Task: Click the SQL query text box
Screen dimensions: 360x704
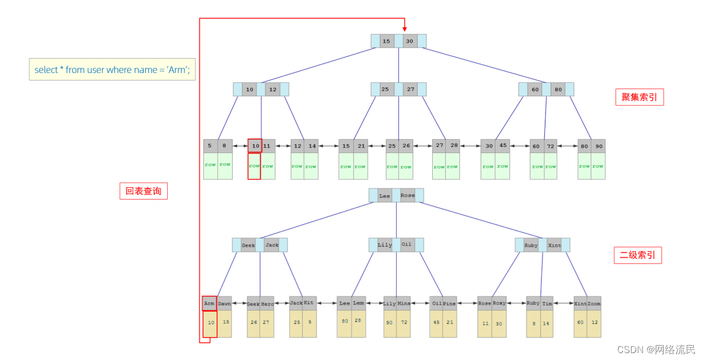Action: click(112, 70)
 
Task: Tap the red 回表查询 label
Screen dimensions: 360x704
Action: click(144, 191)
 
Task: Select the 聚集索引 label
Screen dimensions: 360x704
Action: click(639, 97)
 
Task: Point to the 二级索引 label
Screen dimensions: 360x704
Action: click(637, 255)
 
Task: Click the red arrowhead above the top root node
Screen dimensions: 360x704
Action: click(404, 28)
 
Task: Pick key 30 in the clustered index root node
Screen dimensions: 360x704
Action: click(409, 41)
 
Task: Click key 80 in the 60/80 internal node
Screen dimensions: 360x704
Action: click(557, 90)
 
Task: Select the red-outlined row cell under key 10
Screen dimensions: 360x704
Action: click(254, 166)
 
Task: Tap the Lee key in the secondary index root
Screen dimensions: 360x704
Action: click(384, 196)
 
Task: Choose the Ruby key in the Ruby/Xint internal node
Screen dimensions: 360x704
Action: click(531, 246)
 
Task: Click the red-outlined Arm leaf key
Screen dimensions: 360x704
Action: click(209, 303)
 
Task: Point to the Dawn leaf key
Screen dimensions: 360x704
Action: click(224, 304)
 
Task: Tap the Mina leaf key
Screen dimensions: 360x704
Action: click(404, 304)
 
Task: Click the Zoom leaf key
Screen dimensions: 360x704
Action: click(594, 303)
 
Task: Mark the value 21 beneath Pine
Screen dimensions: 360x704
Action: click(450, 322)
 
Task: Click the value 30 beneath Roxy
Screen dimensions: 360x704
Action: click(499, 323)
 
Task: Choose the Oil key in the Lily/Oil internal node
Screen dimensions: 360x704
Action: click(406, 244)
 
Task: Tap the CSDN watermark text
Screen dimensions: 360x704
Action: click(656, 350)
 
